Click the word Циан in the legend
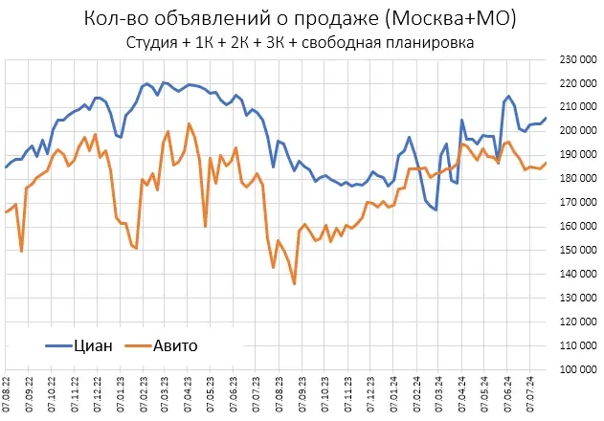click(x=93, y=345)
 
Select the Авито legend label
click(x=175, y=345)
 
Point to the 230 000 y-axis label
click(x=576, y=59)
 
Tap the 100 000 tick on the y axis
click(x=576, y=368)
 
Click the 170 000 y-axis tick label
click(x=576, y=202)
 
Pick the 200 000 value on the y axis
click(x=576, y=131)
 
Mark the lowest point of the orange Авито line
click(x=294, y=283)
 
